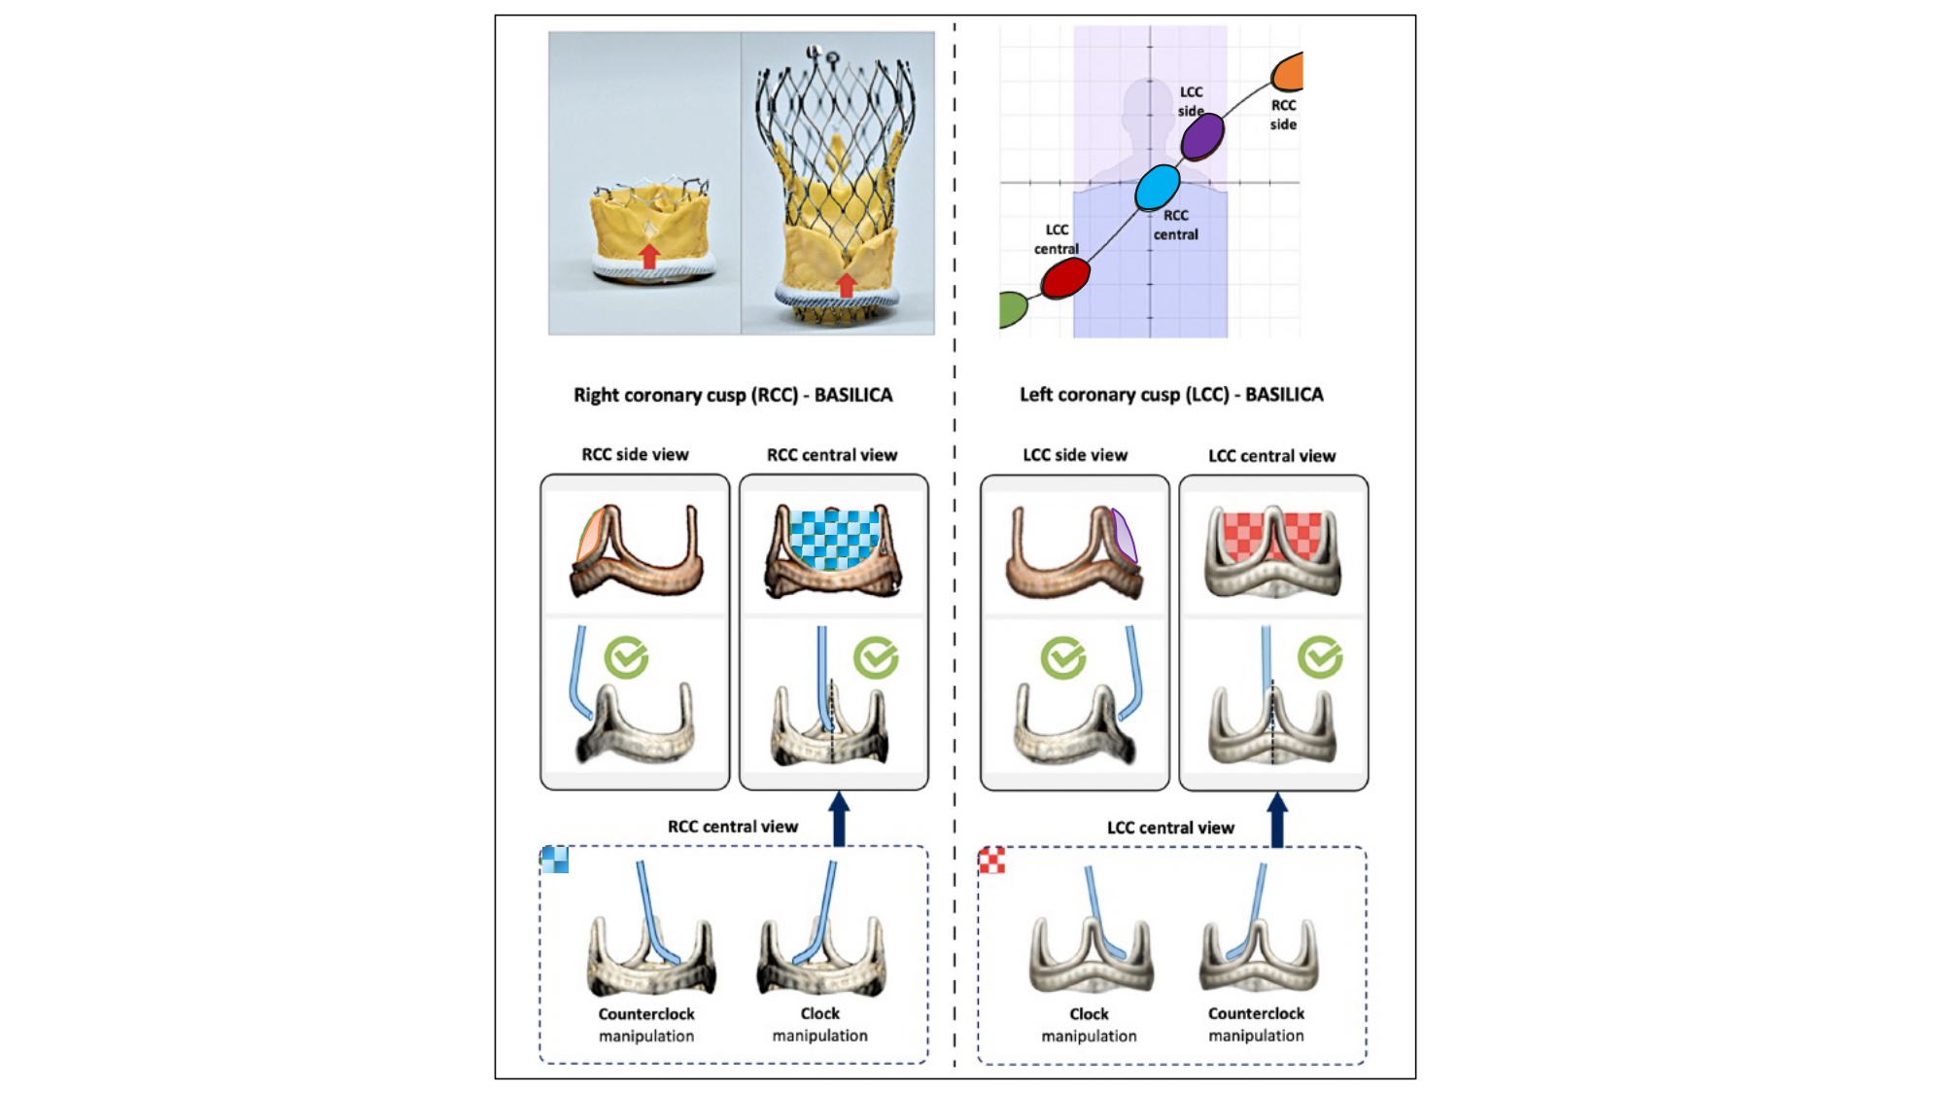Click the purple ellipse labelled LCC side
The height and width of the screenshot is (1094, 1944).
coord(1202,137)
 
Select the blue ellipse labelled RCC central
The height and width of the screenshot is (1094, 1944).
coord(1158,187)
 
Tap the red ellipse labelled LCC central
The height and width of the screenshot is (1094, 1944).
coord(1065,278)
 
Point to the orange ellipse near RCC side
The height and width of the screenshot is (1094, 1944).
coord(1289,72)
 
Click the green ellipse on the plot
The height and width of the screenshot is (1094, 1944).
coord(1012,309)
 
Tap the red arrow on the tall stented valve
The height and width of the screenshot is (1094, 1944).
coord(847,285)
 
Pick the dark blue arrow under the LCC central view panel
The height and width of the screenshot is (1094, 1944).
coord(1277,819)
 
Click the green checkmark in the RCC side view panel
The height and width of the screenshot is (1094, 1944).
coord(626,658)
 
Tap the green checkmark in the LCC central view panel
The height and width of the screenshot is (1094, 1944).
coord(1320,658)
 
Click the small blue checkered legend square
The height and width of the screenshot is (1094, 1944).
coord(555,860)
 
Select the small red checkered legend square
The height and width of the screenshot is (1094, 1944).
coord(991,861)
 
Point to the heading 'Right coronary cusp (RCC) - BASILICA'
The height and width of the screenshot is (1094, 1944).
coord(733,395)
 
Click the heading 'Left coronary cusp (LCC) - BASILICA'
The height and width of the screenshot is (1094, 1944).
coord(1171,395)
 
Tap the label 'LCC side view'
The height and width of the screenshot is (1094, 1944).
coord(1075,455)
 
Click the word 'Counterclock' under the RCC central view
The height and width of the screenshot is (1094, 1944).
coord(646,1013)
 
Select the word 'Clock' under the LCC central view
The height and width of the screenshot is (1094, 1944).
coord(1089,1013)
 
